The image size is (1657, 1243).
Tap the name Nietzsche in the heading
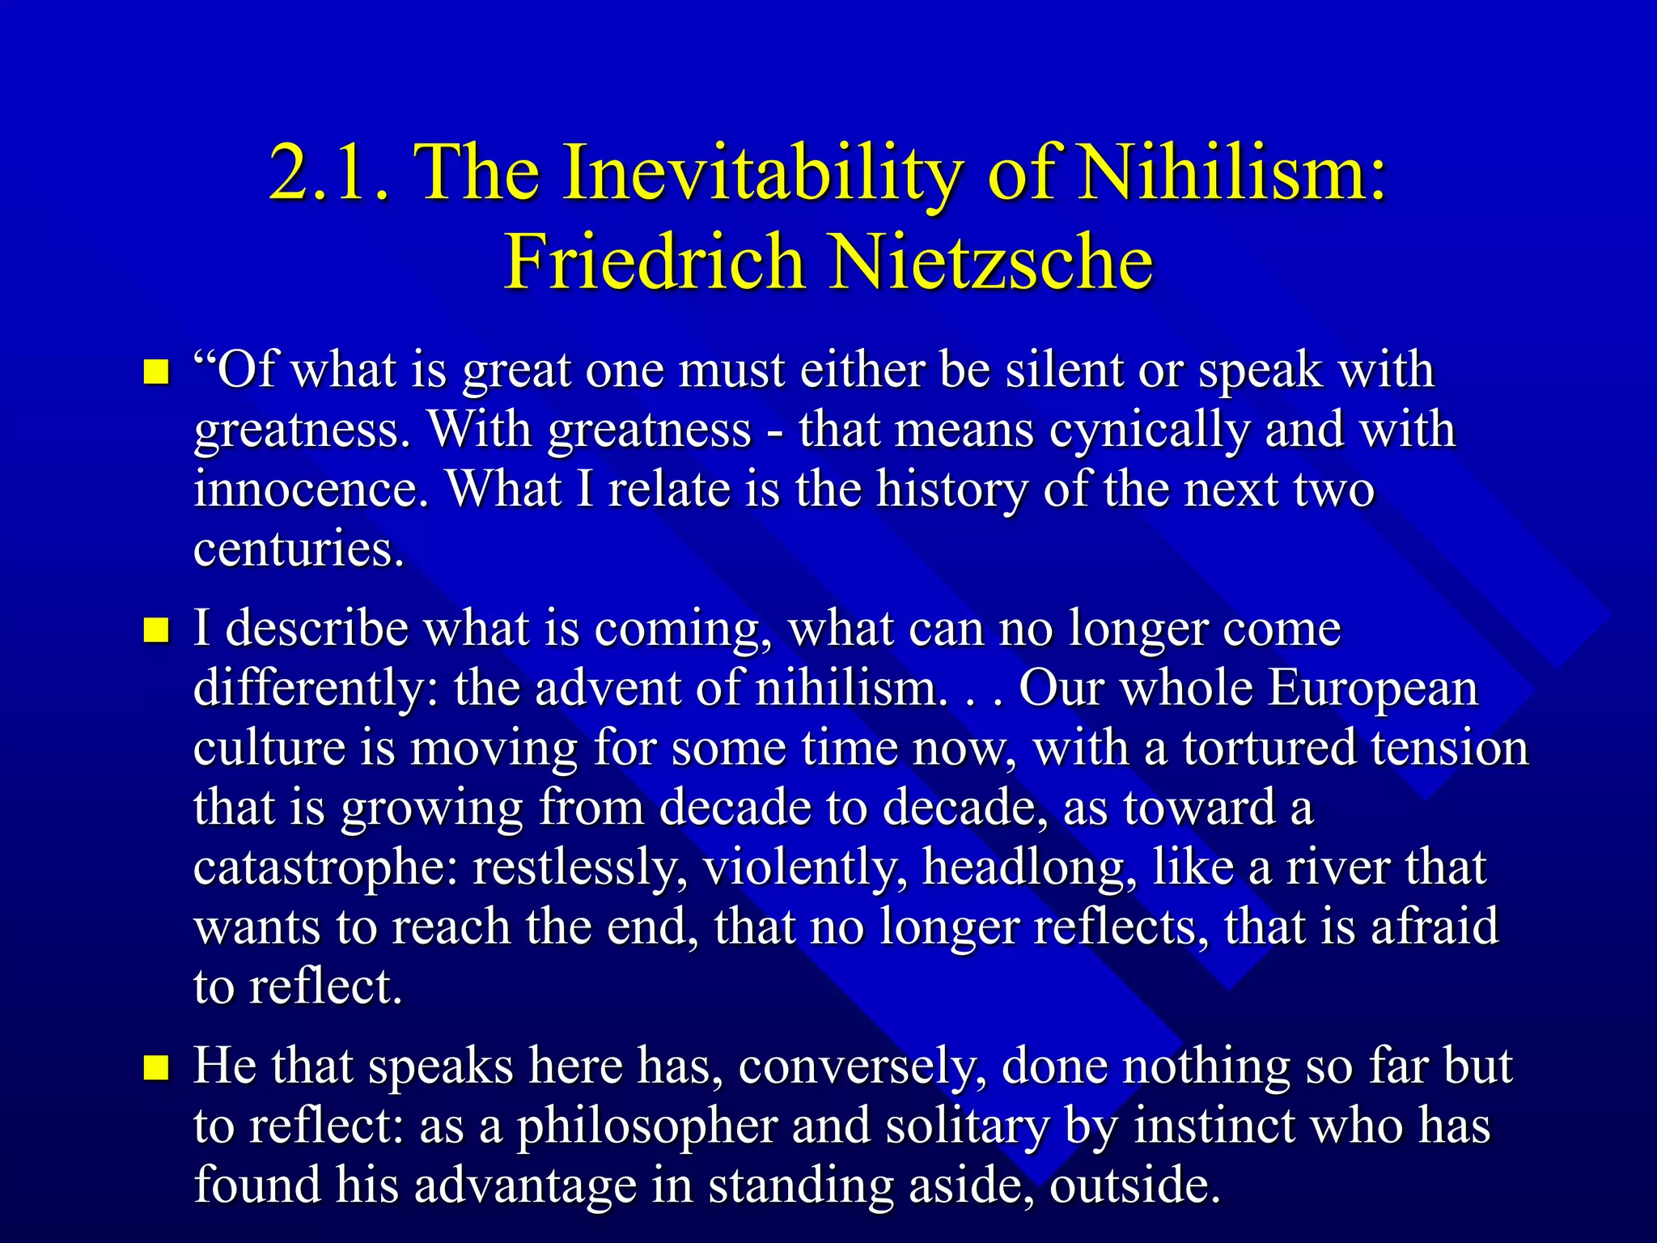(x=992, y=262)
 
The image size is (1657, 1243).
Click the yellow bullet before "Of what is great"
(x=155, y=373)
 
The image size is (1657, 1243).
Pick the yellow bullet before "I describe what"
(x=155, y=630)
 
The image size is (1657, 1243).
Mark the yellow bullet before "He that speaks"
(x=155, y=1067)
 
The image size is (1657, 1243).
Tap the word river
(x=1338, y=867)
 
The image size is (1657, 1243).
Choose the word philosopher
(x=647, y=1126)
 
